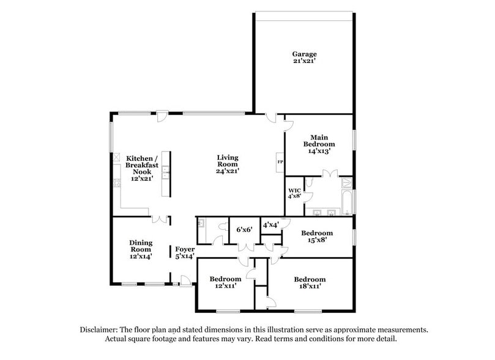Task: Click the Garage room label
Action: (304, 54)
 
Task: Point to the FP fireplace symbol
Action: (280, 162)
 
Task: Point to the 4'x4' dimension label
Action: (270, 225)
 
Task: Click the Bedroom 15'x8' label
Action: (316, 236)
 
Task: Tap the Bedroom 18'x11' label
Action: (309, 282)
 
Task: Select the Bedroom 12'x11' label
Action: (225, 282)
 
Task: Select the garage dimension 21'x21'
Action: (304, 62)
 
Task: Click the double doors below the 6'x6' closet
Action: (245, 246)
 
